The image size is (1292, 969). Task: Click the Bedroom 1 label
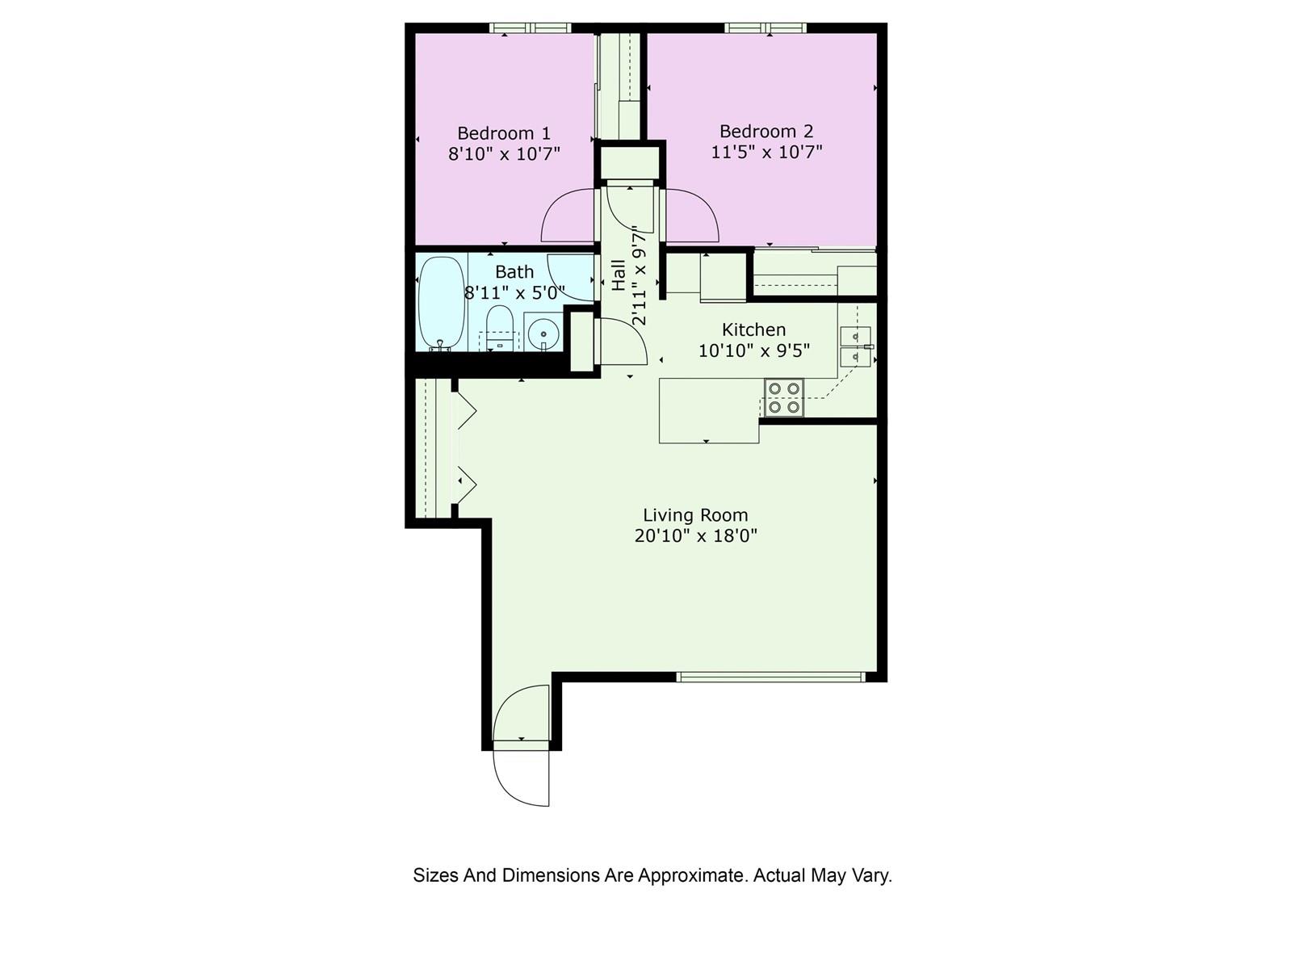click(x=504, y=133)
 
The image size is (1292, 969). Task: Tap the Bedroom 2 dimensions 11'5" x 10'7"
click(x=766, y=152)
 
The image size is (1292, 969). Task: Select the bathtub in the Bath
click(x=441, y=303)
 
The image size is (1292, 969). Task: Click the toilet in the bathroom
click(x=501, y=328)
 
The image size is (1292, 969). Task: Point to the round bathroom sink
click(x=544, y=333)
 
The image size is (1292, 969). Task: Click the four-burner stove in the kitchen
click(x=784, y=398)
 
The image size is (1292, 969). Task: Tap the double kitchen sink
click(x=855, y=346)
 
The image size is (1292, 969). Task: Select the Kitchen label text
click(x=753, y=329)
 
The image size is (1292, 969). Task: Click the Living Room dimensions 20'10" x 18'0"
click(x=695, y=535)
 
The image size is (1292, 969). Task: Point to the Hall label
click(x=619, y=275)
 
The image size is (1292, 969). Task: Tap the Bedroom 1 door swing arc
click(x=568, y=216)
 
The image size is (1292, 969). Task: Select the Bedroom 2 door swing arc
click(x=691, y=216)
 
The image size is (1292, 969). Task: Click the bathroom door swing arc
click(x=572, y=277)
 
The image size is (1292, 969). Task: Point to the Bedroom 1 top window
click(x=531, y=28)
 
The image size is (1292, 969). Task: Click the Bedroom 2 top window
click(x=766, y=28)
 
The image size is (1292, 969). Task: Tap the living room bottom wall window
click(x=770, y=677)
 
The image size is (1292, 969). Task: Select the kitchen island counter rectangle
click(x=709, y=410)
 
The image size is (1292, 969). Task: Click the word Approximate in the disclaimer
click(x=691, y=875)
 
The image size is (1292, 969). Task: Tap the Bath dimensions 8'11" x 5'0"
click(x=514, y=292)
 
